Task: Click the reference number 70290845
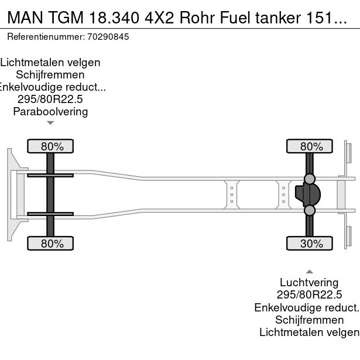click(x=109, y=36)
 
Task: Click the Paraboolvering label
click(x=50, y=111)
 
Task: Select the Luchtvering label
click(x=309, y=283)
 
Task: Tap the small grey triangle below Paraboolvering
click(x=50, y=123)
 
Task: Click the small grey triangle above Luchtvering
click(x=309, y=271)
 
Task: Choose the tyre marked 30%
click(x=309, y=244)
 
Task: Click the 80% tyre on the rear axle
click(x=309, y=146)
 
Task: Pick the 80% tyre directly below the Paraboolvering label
click(x=50, y=146)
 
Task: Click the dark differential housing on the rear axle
click(x=308, y=194)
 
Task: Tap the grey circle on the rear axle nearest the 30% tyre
click(x=309, y=210)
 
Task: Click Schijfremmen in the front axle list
click(x=50, y=75)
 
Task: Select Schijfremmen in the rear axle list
click(x=309, y=320)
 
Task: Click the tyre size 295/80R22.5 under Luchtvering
click(x=309, y=295)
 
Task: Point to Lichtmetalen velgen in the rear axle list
click(x=309, y=332)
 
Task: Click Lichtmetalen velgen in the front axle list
click(x=50, y=63)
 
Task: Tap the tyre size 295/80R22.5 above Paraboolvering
click(x=50, y=100)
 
